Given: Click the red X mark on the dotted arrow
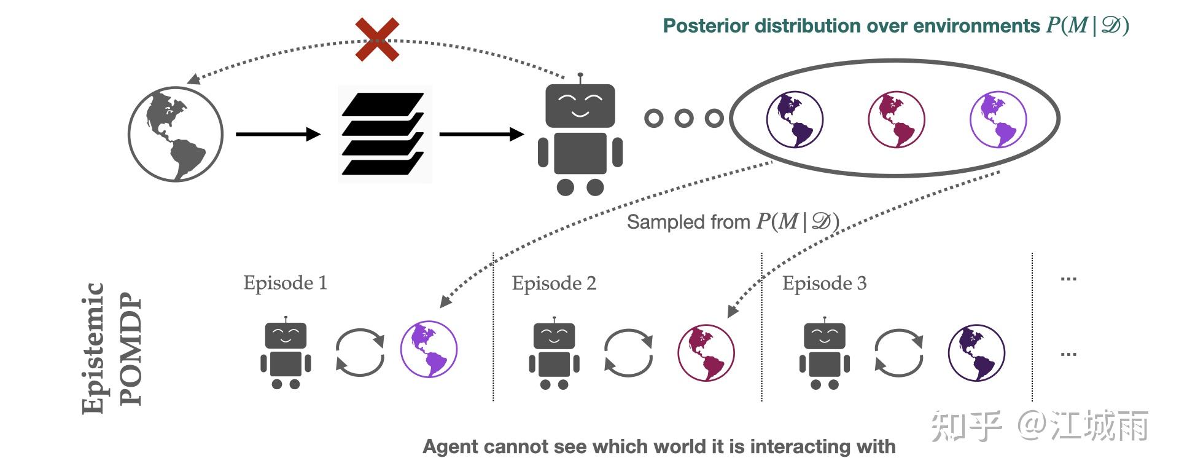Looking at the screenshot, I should [377, 40].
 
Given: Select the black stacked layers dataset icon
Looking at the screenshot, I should [384, 134].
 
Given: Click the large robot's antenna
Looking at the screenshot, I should [580, 78].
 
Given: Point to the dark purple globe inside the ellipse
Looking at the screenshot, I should [795, 119].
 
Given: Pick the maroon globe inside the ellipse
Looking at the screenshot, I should [897, 119].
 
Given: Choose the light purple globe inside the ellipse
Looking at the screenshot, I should [998, 119].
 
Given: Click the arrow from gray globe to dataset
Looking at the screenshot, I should [278, 134].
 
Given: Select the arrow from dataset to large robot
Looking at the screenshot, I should [481, 134].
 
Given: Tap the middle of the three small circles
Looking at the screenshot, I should [684, 118].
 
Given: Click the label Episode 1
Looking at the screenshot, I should [285, 283].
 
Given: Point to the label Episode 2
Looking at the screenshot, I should [554, 283].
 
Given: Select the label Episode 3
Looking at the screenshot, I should [824, 283].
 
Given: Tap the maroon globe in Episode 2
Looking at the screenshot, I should [706, 352].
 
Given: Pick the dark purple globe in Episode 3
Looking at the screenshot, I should [976, 353].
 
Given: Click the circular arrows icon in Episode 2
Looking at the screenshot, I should [628, 352].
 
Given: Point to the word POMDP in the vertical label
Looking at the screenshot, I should [131, 350].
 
